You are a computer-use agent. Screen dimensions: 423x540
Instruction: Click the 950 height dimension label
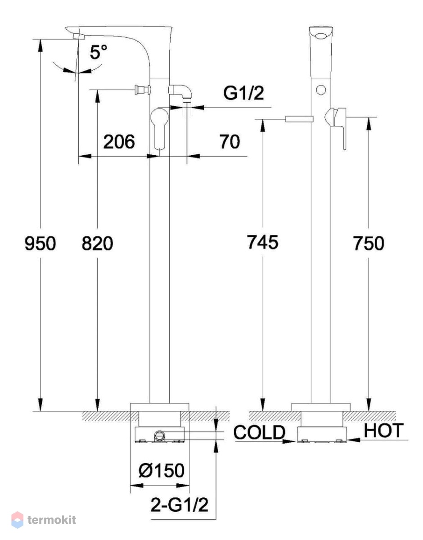(40, 243)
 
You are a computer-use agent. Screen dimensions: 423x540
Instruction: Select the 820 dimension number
(97, 243)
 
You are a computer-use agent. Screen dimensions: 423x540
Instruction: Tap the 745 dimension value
(262, 242)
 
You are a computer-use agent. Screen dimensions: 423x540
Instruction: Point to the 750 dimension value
(369, 243)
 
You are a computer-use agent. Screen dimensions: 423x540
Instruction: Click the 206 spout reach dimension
(119, 142)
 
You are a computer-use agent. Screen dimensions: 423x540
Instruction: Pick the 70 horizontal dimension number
(230, 142)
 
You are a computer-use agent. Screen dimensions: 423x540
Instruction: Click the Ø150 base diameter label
(162, 470)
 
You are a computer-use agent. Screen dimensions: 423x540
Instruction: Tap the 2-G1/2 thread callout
(180, 505)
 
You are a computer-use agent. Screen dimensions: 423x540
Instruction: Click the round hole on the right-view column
(321, 90)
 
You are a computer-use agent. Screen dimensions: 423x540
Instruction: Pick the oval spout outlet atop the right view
(321, 36)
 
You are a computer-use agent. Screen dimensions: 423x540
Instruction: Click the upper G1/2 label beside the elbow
(243, 93)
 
